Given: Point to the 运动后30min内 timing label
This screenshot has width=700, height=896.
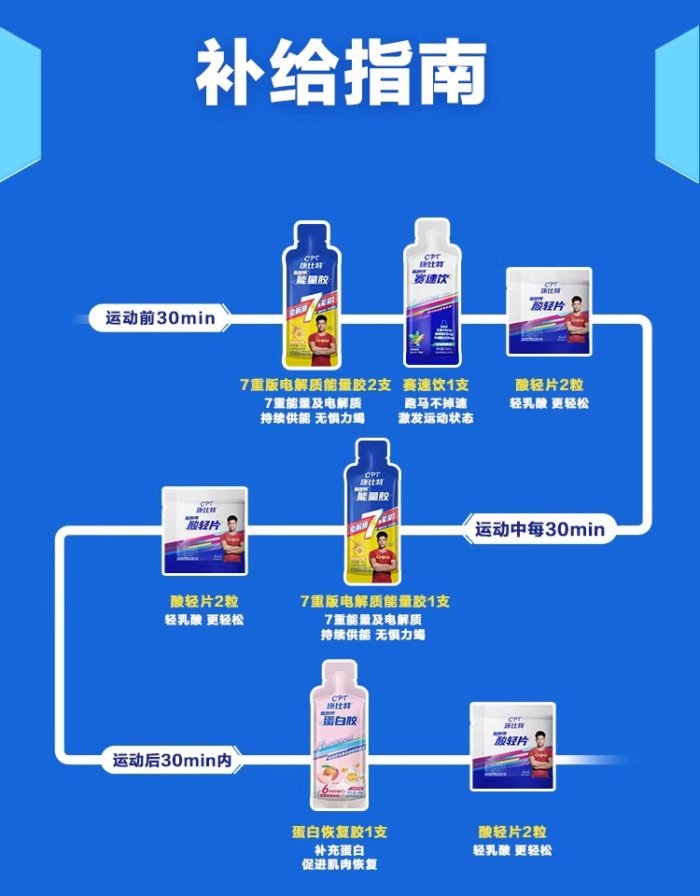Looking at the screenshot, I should tap(172, 761).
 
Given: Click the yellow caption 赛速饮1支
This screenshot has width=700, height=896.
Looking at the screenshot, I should tap(436, 385).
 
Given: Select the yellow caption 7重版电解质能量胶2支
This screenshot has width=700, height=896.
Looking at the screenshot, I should tap(315, 385).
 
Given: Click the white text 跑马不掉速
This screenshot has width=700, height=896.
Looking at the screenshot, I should tap(436, 402).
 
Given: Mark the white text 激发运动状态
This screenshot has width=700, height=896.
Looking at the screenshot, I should tap(436, 418).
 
